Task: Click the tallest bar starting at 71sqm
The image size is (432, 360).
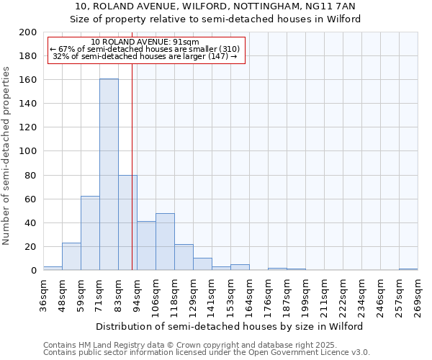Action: (x=109, y=174)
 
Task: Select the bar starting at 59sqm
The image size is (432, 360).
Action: (x=90, y=233)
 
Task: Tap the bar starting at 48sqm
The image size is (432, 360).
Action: (x=71, y=256)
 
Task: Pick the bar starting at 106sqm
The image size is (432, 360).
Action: (x=165, y=241)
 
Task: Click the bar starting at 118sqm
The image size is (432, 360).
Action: (x=184, y=257)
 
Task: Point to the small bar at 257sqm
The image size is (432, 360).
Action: (x=408, y=269)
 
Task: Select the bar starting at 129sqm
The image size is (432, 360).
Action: (x=202, y=264)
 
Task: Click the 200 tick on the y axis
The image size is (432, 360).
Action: (x=28, y=32)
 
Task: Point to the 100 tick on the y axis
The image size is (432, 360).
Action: (x=28, y=151)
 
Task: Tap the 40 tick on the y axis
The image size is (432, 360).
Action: (x=31, y=222)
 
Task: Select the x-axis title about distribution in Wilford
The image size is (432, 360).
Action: (x=229, y=326)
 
